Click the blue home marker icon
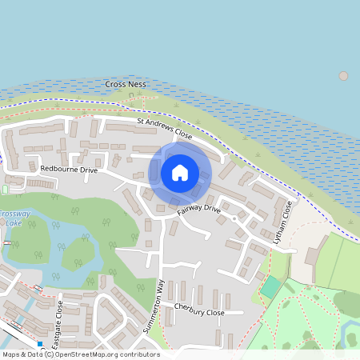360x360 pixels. point(180,172)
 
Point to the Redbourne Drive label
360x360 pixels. point(68,170)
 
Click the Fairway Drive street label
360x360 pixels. point(198,209)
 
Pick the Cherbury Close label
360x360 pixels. point(200,313)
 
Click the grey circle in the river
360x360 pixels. point(344,76)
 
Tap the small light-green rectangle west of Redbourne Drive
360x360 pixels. point(6,189)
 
